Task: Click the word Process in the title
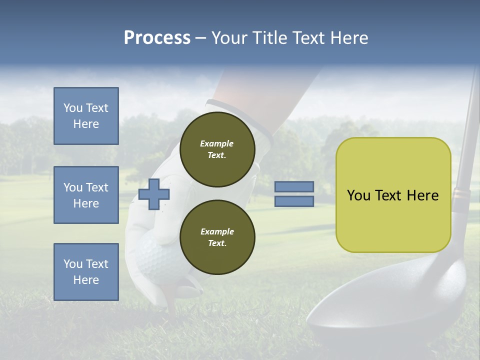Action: coord(157,37)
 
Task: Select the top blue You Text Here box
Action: coord(86,116)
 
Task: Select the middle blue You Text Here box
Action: coord(86,195)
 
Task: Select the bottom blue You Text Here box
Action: coord(86,272)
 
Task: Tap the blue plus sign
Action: coord(154,194)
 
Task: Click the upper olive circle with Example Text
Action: coord(217,149)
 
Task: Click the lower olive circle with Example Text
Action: coord(217,237)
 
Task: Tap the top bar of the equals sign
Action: coord(294,187)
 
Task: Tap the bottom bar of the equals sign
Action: coord(294,201)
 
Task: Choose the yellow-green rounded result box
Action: coord(393,195)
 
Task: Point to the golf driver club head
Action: coord(390,310)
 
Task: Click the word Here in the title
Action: coord(347,37)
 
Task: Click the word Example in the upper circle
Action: coord(217,143)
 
